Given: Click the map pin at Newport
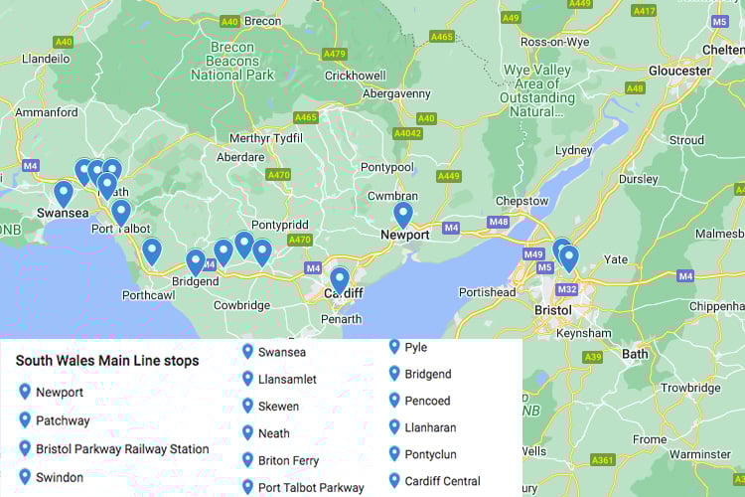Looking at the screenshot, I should click(x=403, y=215).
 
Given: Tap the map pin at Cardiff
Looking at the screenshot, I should click(x=340, y=280).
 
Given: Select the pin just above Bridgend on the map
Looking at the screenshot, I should click(x=196, y=262).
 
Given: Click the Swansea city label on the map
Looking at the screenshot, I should click(x=63, y=213).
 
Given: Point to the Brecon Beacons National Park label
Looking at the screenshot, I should click(x=245, y=61).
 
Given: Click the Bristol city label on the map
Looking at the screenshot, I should click(x=553, y=310).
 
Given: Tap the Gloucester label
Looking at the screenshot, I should click(x=680, y=71).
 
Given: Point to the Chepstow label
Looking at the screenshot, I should click(x=521, y=201).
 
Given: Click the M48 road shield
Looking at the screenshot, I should click(x=499, y=222).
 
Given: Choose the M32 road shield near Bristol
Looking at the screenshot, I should click(x=567, y=289).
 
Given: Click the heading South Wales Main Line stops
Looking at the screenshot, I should click(x=106, y=361).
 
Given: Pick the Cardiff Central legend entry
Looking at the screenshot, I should click(x=442, y=481).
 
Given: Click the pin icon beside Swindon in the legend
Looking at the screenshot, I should click(x=25, y=477).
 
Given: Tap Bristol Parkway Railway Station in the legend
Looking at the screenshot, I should click(x=122, y=449).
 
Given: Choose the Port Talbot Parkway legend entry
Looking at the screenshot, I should click(x=311, y=487).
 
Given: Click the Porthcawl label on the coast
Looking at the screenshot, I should click(x=149, y=295).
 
